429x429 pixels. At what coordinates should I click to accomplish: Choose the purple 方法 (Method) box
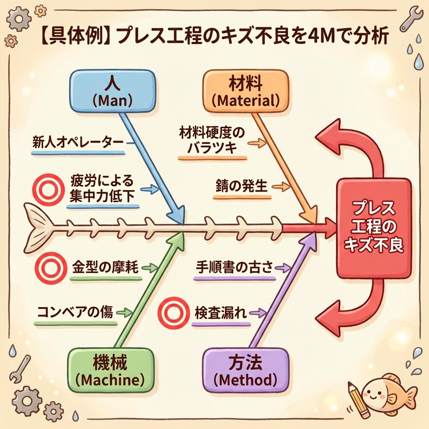pos(246,368)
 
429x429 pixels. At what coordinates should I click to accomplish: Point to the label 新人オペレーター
pos(78,142)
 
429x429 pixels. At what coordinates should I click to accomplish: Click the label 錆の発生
pos(242,186)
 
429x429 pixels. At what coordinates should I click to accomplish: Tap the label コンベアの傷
pos(75,312)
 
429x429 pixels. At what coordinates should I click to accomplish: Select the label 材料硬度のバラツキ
pos(211,141)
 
